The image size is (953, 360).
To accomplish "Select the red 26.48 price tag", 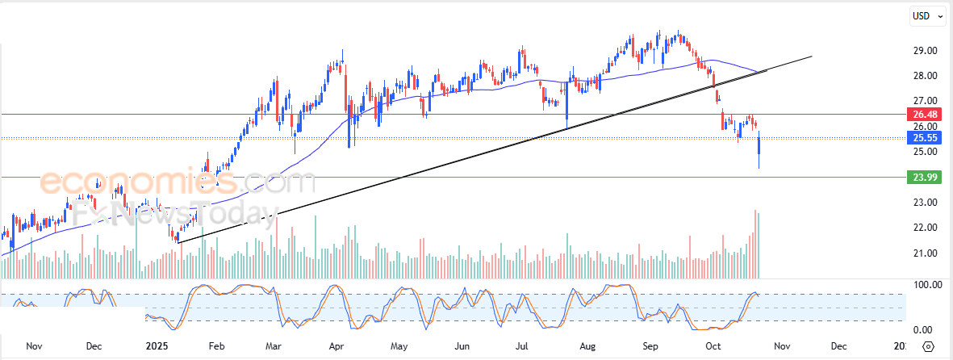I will pyautogui.click(x=923, y=114).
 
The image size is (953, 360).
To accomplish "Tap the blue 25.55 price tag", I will pyautogui.click(x=923, y=138).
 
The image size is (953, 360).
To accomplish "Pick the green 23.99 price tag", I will pyautogui.click(x=923, y=177).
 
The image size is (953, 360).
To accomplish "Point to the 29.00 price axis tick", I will pyautogui.click(x=924, y=51).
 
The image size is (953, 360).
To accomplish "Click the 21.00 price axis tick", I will pyautogui.click(x=924, y=253).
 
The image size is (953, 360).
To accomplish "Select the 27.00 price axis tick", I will pyautogui.click(x=924, y=102).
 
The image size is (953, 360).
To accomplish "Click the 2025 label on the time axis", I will pyautogui.click(x=155, y=346).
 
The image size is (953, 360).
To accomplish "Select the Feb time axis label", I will pyautogui.click(x=215, y=346).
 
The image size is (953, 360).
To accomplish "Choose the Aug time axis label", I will pyautogui.click(x=588, y=346).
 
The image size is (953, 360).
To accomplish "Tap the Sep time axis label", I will pyautogui.click(x=650, y=346).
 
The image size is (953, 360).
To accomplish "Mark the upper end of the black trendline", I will pyautogui.click(x=811, y=57).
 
